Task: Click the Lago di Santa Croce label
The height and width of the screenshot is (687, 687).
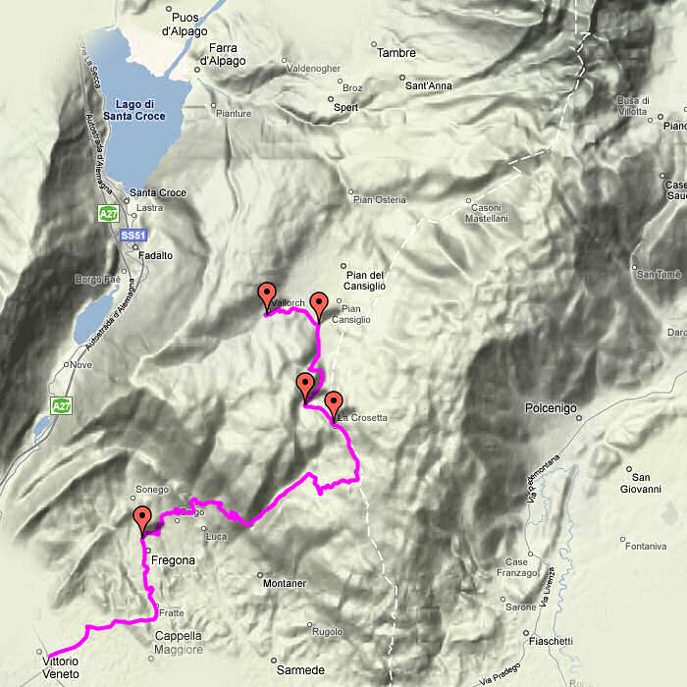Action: pos(136,110)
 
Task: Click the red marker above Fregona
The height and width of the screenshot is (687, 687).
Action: pos(143,519)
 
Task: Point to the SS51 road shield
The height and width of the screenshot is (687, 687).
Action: pos(132,237)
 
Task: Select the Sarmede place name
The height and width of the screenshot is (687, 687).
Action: pos(300,670)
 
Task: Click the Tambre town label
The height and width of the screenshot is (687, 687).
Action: pos(396,53)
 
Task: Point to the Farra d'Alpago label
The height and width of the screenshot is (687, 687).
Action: pos(223,54)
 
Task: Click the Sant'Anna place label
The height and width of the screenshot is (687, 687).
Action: pos(429,85)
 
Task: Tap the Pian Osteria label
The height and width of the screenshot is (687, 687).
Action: pos(379,200)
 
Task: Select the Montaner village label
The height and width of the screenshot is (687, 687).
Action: pos(287,584)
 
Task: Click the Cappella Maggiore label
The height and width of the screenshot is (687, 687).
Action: pos(179,642)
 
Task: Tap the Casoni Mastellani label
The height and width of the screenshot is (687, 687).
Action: pos(487,213)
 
